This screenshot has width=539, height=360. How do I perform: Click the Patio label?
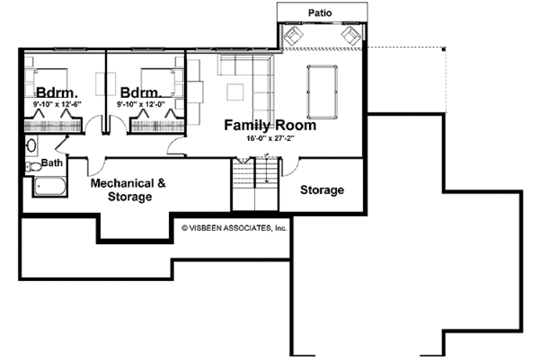pyautogui.click(x=322, y=13)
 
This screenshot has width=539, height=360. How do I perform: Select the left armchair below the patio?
pyautogui.click(x=294, y=37)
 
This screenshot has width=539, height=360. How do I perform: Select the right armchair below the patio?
pyautogui.click(x=350, y=37)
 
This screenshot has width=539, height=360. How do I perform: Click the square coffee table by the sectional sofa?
pyautogui.click(x=235, y=92)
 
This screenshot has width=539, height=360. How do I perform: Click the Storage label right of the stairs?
pyautogui.click(x=322, y=190)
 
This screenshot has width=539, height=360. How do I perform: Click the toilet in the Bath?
pyautogui.click(x=29, y=166)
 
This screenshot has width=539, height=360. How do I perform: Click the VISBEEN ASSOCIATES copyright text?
pyautogui.click(x=234, y=229)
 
